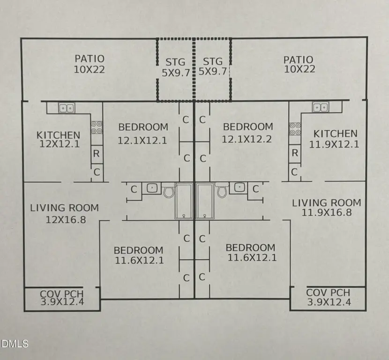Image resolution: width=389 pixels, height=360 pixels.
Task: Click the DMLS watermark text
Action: (15, 344)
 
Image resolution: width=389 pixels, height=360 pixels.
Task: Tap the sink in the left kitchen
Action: (67, 108)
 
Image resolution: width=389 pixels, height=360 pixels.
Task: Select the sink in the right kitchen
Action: (321, 107)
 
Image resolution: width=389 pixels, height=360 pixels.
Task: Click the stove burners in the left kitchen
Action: (97, 127)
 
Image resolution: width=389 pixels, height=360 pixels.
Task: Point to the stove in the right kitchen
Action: (295, 129)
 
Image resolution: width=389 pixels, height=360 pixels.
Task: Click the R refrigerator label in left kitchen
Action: (96, 154)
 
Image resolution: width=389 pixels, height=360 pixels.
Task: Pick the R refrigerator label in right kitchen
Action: (295, 153)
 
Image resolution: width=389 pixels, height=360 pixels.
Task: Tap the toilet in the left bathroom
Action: (169, 190)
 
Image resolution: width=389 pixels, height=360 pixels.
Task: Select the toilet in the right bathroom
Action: (222, 190)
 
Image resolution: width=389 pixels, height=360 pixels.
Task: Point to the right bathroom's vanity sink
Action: (239, 187)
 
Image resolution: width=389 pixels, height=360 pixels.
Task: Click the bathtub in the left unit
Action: (184, 201)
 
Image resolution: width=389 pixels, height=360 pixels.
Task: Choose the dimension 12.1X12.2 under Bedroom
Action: (247, 139)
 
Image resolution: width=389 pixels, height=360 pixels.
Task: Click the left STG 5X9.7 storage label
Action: (176, 67)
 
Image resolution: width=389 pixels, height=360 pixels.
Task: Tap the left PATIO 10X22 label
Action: (90, 64)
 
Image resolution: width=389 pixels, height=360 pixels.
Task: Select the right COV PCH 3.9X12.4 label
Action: (329, 298)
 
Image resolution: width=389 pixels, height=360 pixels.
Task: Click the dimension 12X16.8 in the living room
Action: (66, 220)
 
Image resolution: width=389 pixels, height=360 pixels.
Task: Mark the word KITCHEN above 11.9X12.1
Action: (335, 134)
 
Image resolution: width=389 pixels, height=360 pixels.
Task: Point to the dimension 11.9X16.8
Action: (327, 213)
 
